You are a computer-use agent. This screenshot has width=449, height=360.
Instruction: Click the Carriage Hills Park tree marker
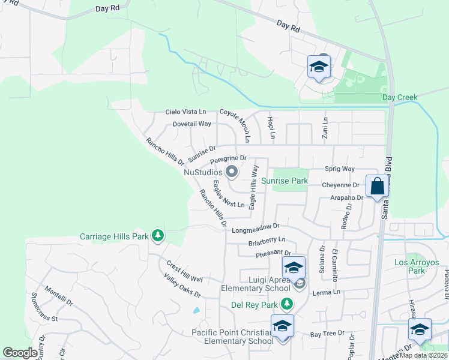[158, 236]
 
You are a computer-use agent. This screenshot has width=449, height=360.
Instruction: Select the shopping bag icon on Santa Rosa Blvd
[378, 186]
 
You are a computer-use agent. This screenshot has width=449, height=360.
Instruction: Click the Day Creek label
[399, 97]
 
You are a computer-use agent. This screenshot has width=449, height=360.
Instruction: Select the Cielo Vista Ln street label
[186, 112]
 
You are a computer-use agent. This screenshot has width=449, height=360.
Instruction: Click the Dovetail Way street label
[192, 124]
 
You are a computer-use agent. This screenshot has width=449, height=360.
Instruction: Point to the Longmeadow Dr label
[256, 228]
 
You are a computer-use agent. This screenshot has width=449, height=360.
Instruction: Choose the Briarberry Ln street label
[267, 243]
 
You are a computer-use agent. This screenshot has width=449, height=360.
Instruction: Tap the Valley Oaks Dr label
[182, 285]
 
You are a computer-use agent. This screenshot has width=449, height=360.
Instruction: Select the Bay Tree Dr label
[327, 333]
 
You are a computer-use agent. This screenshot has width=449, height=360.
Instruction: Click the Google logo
[20, 352]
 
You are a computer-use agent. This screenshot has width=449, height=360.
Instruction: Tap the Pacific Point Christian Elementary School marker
[281, 327]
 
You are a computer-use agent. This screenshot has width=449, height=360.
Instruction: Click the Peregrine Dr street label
[229, 159]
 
